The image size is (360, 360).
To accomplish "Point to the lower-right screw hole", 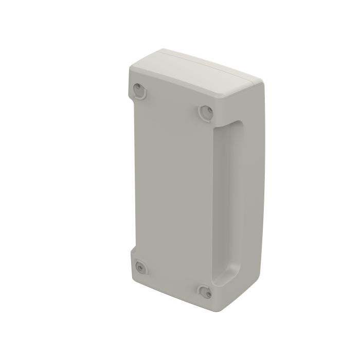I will tap(205, 291).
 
